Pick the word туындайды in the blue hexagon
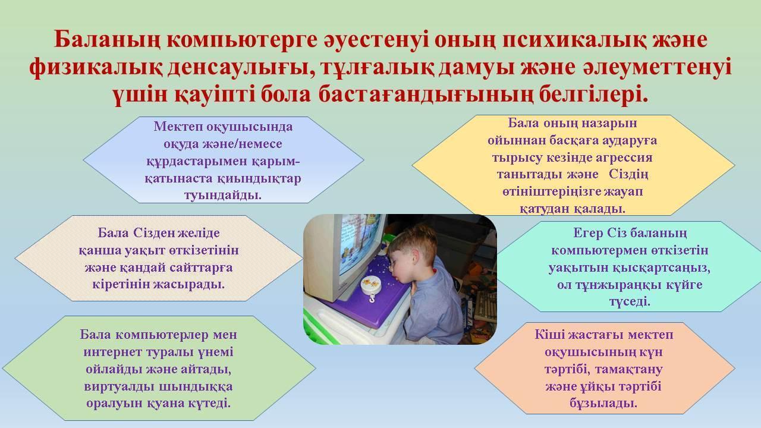(x=223, y=196)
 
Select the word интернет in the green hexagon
(x=112, y=352)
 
